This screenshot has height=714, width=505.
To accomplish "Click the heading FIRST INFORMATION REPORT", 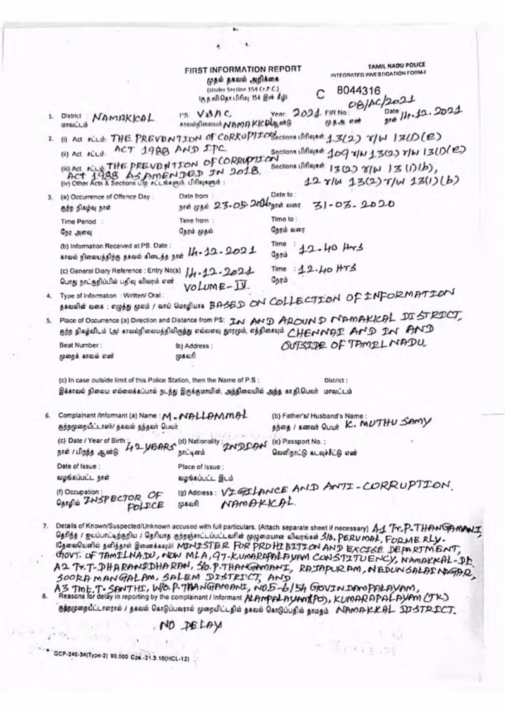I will (243, 70).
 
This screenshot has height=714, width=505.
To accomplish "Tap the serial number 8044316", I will (358, 91).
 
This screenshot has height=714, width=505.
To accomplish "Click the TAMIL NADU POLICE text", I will (397, 66).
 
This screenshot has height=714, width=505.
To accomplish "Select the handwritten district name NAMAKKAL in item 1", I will (123, 118).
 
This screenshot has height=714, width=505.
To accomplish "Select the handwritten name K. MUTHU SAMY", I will (388, 423).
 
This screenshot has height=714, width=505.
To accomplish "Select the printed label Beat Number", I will (80, 345).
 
